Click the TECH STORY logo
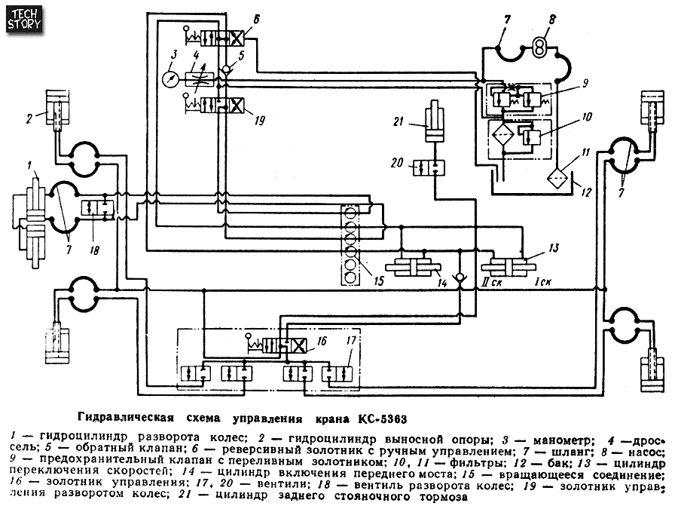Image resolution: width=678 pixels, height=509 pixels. [25, 20]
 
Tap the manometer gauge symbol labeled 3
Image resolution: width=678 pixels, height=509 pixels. [170, 78]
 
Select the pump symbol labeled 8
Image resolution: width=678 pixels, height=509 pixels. [539, 48]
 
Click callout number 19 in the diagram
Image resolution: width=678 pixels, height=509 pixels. [259, 120]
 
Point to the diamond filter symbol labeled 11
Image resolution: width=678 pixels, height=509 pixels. [557, 178]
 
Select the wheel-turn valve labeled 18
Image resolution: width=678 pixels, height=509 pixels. [97, 207]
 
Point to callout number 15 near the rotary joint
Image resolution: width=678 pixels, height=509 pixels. [379, 281]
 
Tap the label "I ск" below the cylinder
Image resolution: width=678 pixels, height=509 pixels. [543, 283]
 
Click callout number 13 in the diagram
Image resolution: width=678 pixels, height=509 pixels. [554, 248]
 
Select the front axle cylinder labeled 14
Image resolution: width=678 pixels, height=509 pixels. [413, 267]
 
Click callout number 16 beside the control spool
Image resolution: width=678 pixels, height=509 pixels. [322, 342]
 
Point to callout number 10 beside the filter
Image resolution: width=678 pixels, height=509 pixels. [587, 117]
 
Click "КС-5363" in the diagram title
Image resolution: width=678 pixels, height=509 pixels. [383, 419]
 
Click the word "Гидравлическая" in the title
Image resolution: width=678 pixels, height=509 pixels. [126, 418]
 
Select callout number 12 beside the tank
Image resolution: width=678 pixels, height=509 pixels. [586, 192]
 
